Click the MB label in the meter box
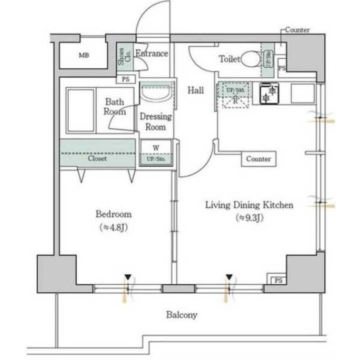(84, 55)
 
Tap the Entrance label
(151, 54)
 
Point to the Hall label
(196, 90)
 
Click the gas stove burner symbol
(267, 93)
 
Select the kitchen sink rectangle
(302, 93)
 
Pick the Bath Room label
(115, 107)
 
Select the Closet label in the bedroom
(97, 159)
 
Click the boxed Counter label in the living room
(259, 159)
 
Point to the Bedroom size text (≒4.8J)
(113, 228)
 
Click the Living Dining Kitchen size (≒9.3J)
(249, 217)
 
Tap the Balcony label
(182, 315)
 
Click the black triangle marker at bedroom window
(128, 277)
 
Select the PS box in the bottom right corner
(277, 280)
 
